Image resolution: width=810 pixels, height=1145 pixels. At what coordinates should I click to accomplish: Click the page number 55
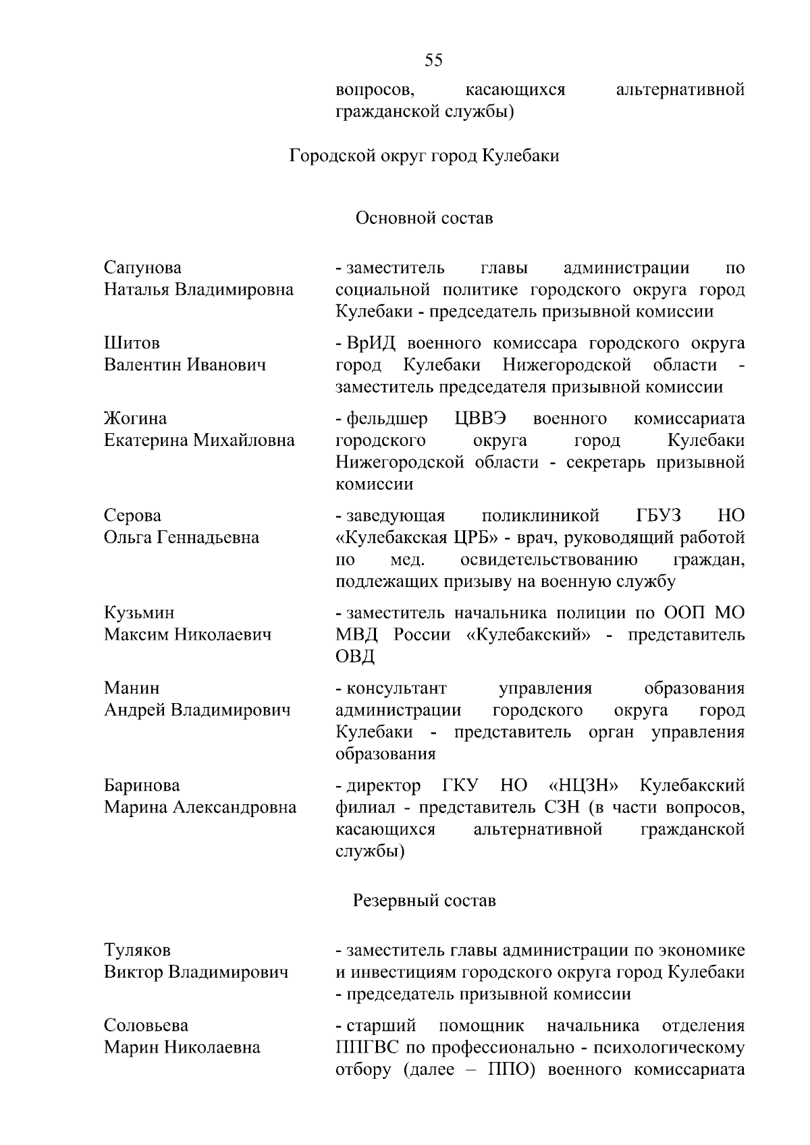click(x=434, y=61)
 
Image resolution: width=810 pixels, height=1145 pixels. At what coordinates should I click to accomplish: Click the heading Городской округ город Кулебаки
click(x=425, y=156)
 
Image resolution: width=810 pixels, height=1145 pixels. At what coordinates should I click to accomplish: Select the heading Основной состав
click(x=425, y=218)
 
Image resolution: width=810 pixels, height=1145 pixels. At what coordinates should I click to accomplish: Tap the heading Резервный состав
click(x=425, y=901)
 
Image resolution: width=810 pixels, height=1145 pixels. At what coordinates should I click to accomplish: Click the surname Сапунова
click(x=142, y=268)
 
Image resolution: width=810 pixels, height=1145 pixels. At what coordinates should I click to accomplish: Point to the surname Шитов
click(x=132, y=343)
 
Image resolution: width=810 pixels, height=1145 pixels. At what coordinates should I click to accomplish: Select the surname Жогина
click(x=135, y=419)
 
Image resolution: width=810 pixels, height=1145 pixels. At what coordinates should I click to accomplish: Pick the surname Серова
click(x=132, y=516)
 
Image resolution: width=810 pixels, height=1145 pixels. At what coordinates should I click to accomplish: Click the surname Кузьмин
click(x=138, y=613)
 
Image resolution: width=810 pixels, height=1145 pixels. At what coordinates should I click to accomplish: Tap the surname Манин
click(x=132, y=688)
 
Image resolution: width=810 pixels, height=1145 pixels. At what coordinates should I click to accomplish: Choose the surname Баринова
click(x=142, y=785)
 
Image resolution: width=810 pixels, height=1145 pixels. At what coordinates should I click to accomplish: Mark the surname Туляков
click(x=137, y=950)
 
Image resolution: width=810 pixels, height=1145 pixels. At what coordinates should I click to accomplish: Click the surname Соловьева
click(x=146, y=1026)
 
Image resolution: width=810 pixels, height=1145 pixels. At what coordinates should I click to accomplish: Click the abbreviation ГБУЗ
click(x=658, y=516)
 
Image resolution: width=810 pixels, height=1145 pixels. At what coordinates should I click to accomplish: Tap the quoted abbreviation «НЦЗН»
click(x=585, y=785)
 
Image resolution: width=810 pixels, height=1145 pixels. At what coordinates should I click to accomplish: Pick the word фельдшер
click(x=387, y=419)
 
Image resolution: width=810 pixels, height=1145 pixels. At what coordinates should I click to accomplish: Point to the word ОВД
click(x=355, y=657)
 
